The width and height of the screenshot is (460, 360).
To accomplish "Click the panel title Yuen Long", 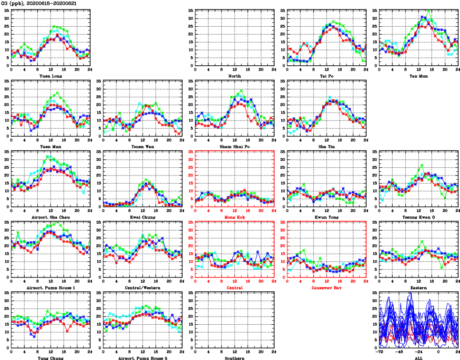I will [50, 76].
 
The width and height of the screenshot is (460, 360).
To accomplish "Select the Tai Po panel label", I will [327, 76].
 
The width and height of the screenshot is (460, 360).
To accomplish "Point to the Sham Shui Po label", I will [234, 146].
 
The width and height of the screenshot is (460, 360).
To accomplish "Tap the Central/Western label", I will [142, 288].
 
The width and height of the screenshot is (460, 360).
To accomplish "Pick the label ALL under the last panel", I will [419, 358].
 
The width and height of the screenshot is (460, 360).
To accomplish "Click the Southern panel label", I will [234, 358].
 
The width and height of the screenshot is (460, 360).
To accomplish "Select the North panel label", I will [234, 76].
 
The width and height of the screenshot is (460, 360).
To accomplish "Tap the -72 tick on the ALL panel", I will [380, 351].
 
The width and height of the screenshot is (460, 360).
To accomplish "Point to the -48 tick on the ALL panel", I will [399, 351].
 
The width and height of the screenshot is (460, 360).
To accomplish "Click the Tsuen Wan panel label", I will [142, 146].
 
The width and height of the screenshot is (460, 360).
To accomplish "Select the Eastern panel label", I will [419, 288].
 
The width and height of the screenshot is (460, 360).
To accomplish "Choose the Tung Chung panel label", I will [50, 358].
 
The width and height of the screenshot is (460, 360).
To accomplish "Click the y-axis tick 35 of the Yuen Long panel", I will [6, 11].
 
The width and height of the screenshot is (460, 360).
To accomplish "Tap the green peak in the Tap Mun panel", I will [429, 10].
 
